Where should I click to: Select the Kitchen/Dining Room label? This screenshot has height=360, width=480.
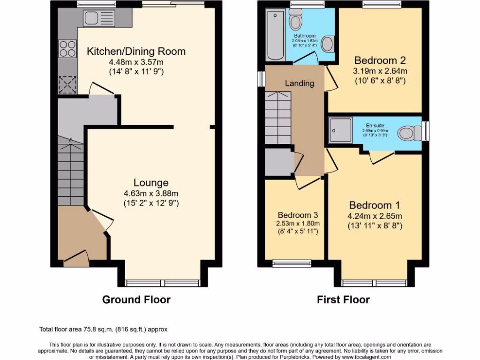tap(136, 51)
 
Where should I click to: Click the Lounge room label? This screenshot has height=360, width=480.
tap(150, 182)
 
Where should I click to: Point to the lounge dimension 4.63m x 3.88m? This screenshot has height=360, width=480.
tap(150, 193)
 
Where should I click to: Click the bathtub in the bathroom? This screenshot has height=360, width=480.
tap(275, 35)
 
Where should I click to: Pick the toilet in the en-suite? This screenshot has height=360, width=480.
tap(410, 133)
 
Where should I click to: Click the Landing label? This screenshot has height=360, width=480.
tap(300, 83)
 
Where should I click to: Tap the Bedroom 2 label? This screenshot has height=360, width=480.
tap(380, 60)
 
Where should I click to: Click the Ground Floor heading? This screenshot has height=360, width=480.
tap(136, 300)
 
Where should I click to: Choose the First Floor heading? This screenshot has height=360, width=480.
tap(343, 300)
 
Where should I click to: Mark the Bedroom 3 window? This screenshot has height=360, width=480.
tap(292, 263)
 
